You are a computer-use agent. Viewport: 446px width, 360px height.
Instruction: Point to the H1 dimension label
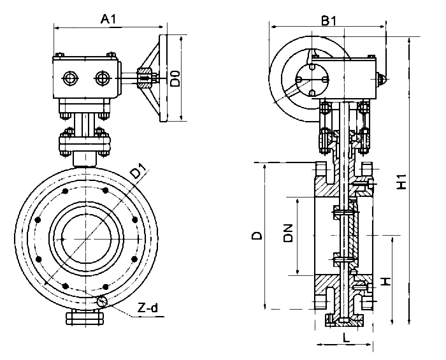coord(401,181)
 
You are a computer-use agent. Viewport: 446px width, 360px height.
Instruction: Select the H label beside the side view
coord(384,280)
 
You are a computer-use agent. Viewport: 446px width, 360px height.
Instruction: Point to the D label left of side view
coord(256,236)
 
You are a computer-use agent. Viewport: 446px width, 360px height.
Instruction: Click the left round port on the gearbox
coord(69,78)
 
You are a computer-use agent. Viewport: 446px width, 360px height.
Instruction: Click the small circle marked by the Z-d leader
coord(101,301)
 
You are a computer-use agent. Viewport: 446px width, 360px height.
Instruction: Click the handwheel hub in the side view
coord(314,82)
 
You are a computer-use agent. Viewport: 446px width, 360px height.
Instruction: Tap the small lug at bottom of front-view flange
coord(87,317)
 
